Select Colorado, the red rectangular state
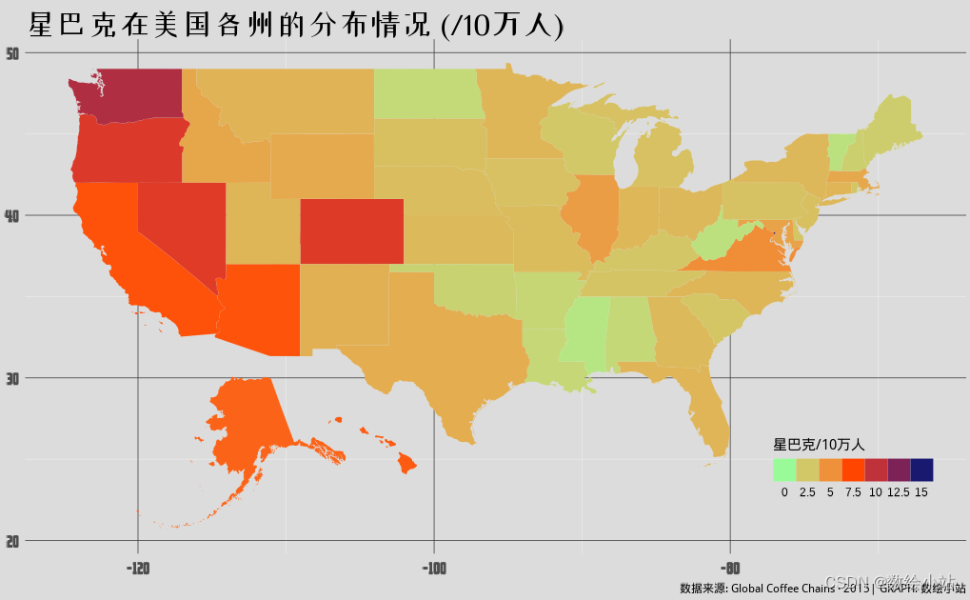351,230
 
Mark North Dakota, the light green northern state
426,93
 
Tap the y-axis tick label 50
13,53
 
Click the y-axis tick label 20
13,541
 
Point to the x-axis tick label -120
139,570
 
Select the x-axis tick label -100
434,570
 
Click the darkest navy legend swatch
921,470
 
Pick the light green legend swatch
784,470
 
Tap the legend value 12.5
898,492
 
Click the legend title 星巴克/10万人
818,445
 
